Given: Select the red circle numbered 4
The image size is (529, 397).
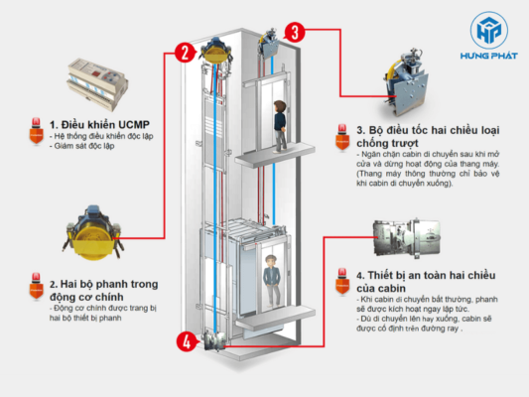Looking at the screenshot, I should tap(185, 343).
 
